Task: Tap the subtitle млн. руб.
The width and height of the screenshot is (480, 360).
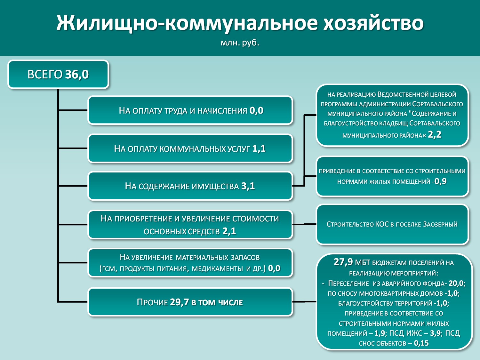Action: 240,43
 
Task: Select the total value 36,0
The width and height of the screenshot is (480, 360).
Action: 77,75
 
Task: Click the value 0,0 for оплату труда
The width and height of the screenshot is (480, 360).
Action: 257,111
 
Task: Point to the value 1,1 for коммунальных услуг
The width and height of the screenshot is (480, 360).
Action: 259,148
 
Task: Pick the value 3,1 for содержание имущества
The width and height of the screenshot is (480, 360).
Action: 248,186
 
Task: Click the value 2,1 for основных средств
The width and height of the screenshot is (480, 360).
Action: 229,231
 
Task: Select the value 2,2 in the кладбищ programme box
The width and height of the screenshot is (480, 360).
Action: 435,135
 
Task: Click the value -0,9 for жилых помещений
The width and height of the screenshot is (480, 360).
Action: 439,181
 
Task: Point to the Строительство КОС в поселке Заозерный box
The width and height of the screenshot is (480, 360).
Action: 392,225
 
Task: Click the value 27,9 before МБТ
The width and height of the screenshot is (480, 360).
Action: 343,262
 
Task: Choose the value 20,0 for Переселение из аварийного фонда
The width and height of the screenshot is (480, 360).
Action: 456,283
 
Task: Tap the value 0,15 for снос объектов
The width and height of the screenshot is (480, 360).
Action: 421,343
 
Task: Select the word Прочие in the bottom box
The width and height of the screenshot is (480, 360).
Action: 152,302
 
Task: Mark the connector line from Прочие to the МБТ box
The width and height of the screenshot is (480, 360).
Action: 304,302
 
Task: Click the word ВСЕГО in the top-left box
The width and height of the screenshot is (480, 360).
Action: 45,75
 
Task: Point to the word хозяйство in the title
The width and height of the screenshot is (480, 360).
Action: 373,23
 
